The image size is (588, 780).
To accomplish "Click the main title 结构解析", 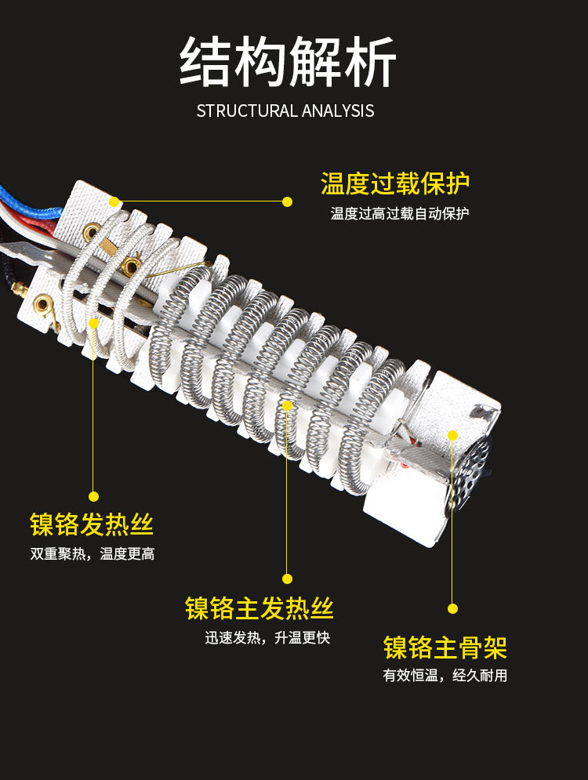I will [288, 62].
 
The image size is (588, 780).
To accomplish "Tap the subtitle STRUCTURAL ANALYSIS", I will [285, 111].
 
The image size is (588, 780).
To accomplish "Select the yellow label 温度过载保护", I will [395, 184].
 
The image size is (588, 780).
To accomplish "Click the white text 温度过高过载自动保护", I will [400, 213].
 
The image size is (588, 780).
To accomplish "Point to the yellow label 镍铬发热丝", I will [92, 524].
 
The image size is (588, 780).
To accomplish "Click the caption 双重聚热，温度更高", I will [93, 553].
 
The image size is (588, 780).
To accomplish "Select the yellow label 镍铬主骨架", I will [445, 648].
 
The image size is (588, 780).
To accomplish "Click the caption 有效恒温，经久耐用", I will [445, 676].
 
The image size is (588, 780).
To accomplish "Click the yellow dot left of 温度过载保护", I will [287, 201].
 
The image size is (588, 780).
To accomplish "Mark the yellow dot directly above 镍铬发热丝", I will [94, 495].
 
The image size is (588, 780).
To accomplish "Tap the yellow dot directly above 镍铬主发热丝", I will [287, 579].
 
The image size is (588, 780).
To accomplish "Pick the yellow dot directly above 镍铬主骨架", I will [452, 608].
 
